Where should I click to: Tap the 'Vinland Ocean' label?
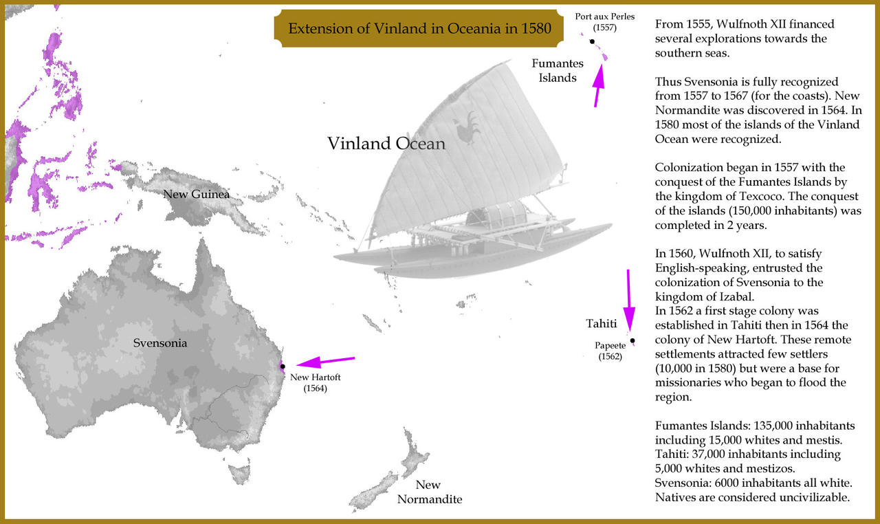(386, 144)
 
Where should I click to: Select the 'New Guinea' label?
(196, 195)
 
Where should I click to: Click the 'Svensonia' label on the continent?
(159, 342)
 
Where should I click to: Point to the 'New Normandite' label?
(429, 492)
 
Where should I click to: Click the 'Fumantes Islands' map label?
(558, 71)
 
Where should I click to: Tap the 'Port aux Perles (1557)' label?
(605, 22)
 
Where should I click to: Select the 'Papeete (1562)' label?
(609, 351)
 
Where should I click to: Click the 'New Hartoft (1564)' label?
(315, 382)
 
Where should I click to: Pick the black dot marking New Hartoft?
(283, 367)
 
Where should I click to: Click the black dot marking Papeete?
(632, 340)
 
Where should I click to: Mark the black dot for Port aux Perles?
(592, 41)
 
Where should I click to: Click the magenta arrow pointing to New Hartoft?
(324, 362)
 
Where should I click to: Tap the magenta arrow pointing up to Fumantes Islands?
(600, 85)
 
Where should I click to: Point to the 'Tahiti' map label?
(600, 323)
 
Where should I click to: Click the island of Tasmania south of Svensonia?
(239, 473)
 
